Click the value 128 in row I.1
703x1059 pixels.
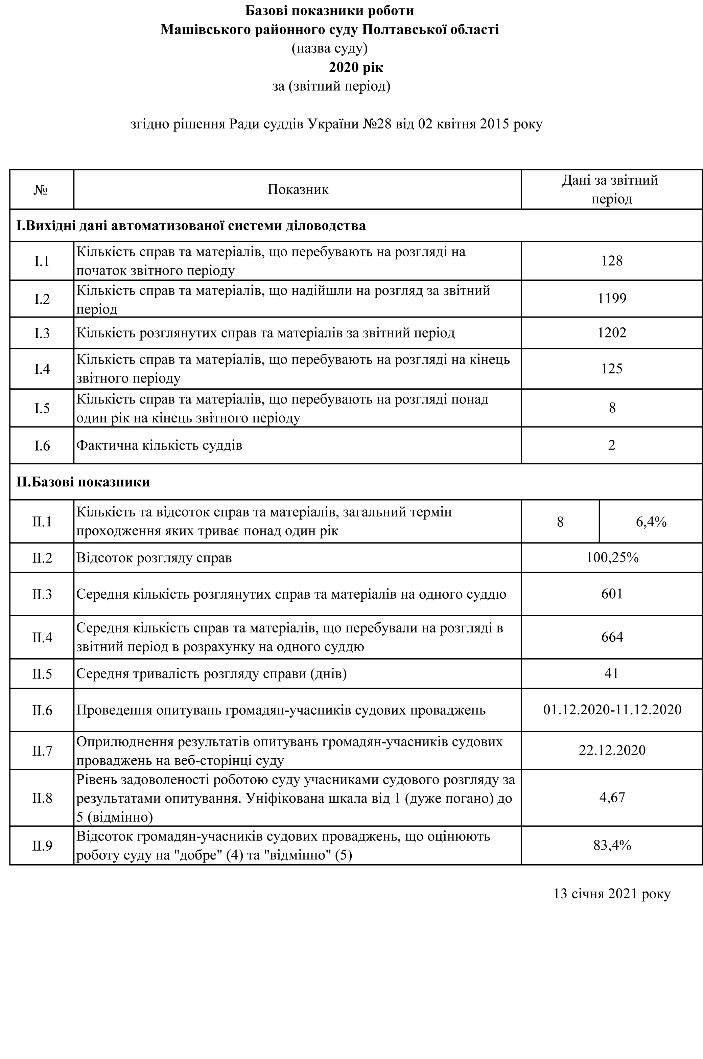click(x=612, y=261)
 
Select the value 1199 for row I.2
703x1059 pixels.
click(x=612, y=299)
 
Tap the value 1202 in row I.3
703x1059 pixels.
click(x=612, y=333)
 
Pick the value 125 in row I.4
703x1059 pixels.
click(x=612, y=369)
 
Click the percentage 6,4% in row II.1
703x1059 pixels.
click(x=651, y=522)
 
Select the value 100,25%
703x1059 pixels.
click(x=612, y=558)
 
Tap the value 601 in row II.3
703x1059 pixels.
click(x=612, y=594)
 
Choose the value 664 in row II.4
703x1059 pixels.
click(x=612, y=637)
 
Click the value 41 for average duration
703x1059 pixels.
click(x=612, y=673)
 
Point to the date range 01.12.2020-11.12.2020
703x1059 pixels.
click(x=612, y=710)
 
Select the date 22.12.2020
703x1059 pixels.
click(x=612, y=750)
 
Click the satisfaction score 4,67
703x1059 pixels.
click(x=612, y=798)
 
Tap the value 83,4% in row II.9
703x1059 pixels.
click(x=612, y=845)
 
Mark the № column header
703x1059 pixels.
click(x=41, y=190)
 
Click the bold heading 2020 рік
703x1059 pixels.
click(x=356, y=67)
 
